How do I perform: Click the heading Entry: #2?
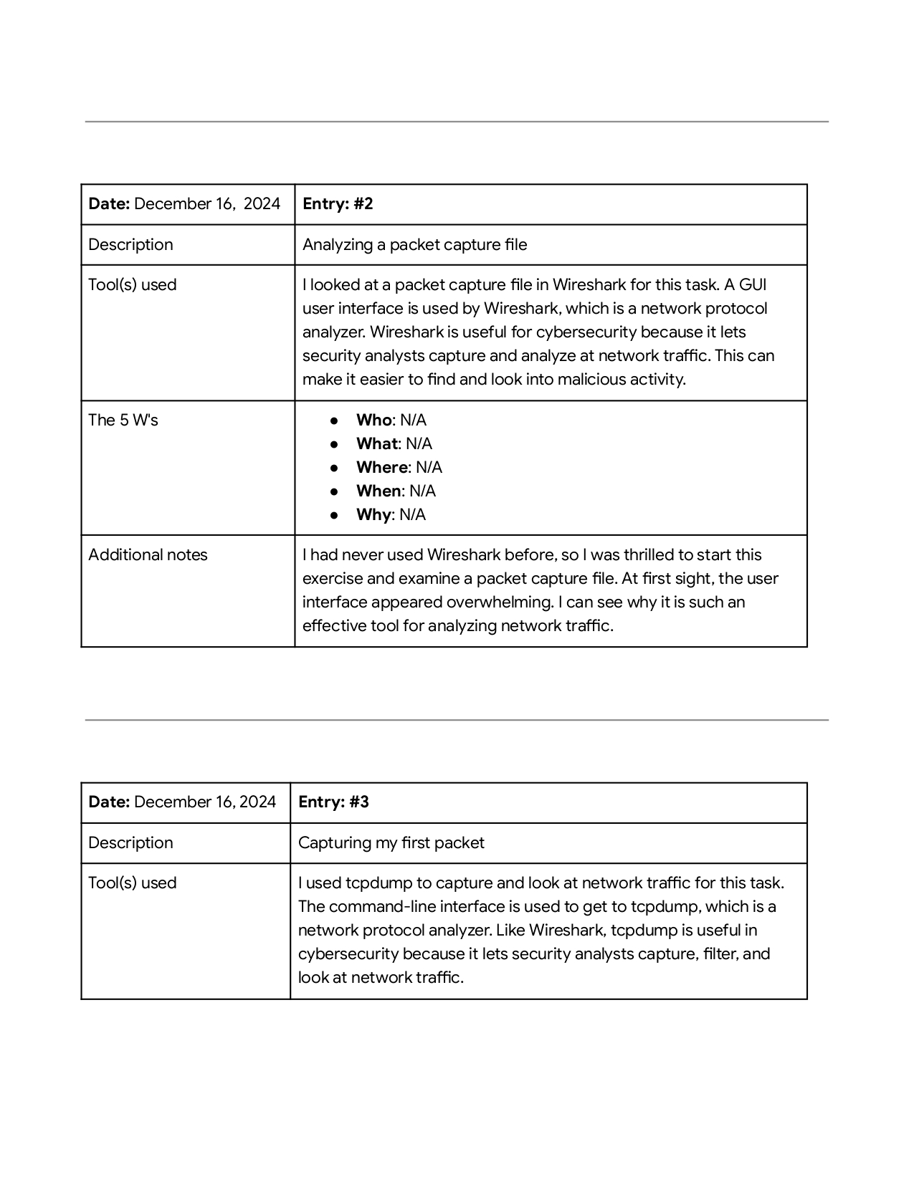338,204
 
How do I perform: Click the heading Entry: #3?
333,802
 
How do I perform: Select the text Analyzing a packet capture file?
414,245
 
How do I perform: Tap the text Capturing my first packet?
391,843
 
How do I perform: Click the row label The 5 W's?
123,421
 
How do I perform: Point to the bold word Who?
374,421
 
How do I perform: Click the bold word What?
376,444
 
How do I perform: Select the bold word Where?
382,468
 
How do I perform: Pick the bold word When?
379,491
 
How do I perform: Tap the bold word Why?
373,515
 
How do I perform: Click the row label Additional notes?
148,555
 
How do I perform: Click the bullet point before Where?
334,468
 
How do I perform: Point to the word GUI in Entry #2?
753,285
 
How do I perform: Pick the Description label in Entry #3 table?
130,843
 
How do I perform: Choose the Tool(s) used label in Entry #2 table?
132,285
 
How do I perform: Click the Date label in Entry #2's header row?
109,204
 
